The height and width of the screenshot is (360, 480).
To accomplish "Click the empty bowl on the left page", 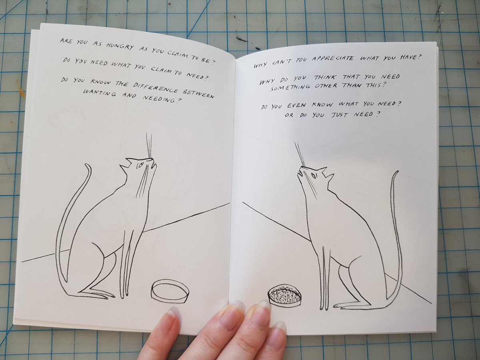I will click(x=170, y=290).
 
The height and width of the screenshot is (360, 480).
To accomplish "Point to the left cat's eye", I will click(x=140, y=165).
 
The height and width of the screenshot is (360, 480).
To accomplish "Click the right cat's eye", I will click(x=313, y=175).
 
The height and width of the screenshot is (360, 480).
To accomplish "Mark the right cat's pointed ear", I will click(x=329, y=176).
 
